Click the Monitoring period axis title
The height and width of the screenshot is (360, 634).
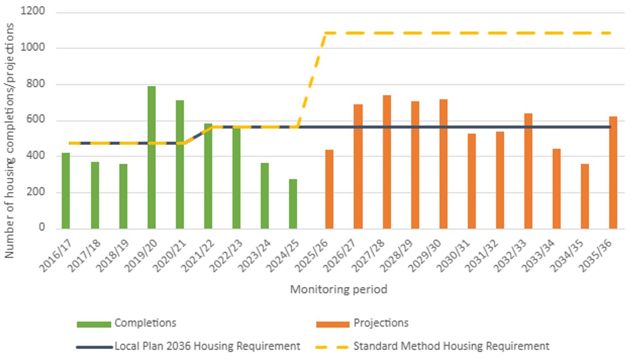tap(338, 289)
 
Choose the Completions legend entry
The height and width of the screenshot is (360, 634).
tap(145, 323)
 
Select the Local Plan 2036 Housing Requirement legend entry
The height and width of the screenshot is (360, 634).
tap(207, 346)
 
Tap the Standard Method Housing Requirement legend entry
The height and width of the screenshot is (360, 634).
tap(451, 346)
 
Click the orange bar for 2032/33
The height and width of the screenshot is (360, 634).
tap(528, 171)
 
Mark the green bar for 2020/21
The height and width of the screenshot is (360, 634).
tap(179, 164)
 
